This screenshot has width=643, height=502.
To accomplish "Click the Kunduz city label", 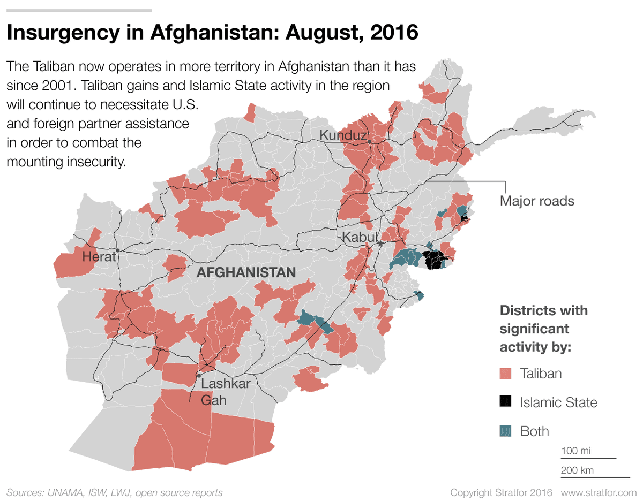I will pos(343,135).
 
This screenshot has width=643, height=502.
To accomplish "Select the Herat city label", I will pos(99,257).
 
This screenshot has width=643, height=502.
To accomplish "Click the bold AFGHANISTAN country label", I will pos(246,272).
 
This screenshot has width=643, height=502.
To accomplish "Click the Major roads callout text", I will pos(536,201).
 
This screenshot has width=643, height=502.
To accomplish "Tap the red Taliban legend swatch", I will pos(505,374).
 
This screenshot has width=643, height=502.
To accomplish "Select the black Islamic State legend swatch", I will pos(505,402).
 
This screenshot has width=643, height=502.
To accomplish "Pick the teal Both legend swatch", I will pos(505,431).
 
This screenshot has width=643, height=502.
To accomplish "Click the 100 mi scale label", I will pos(576,451).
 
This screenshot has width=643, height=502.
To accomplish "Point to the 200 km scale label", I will pos(577,470).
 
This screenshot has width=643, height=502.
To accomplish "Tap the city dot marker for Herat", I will pos(117,250).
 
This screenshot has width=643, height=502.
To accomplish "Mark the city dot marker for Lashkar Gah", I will pos(199,375).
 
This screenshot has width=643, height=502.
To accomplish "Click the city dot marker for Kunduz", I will pos(369,141).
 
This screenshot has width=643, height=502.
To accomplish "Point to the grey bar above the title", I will pos(79,10).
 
